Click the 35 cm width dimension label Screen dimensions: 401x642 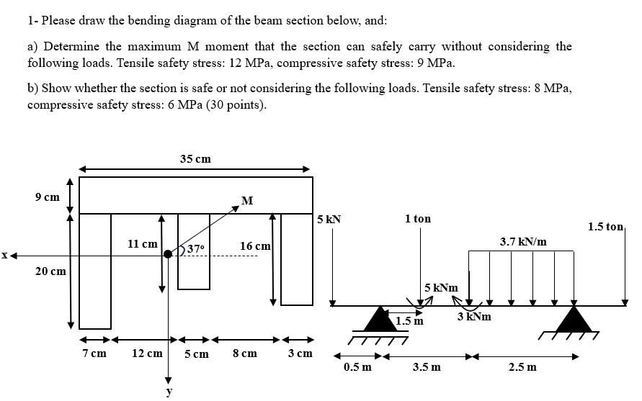(x=195, y=158)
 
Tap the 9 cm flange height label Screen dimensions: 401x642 (x=48, y=197)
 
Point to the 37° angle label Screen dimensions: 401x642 (x=197, y=248)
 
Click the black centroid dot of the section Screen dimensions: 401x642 (x=169, y=253)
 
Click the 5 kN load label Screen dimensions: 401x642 (x=329, y=218)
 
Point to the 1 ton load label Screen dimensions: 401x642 (x=418, y=218)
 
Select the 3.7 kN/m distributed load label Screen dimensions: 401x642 (x=522, y=242)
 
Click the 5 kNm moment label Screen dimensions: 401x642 (x=442, y=288)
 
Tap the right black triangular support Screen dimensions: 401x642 (x=573, y=319)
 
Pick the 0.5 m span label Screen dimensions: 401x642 (x=358, y=367)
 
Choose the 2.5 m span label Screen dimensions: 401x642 (x=522, y=367)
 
